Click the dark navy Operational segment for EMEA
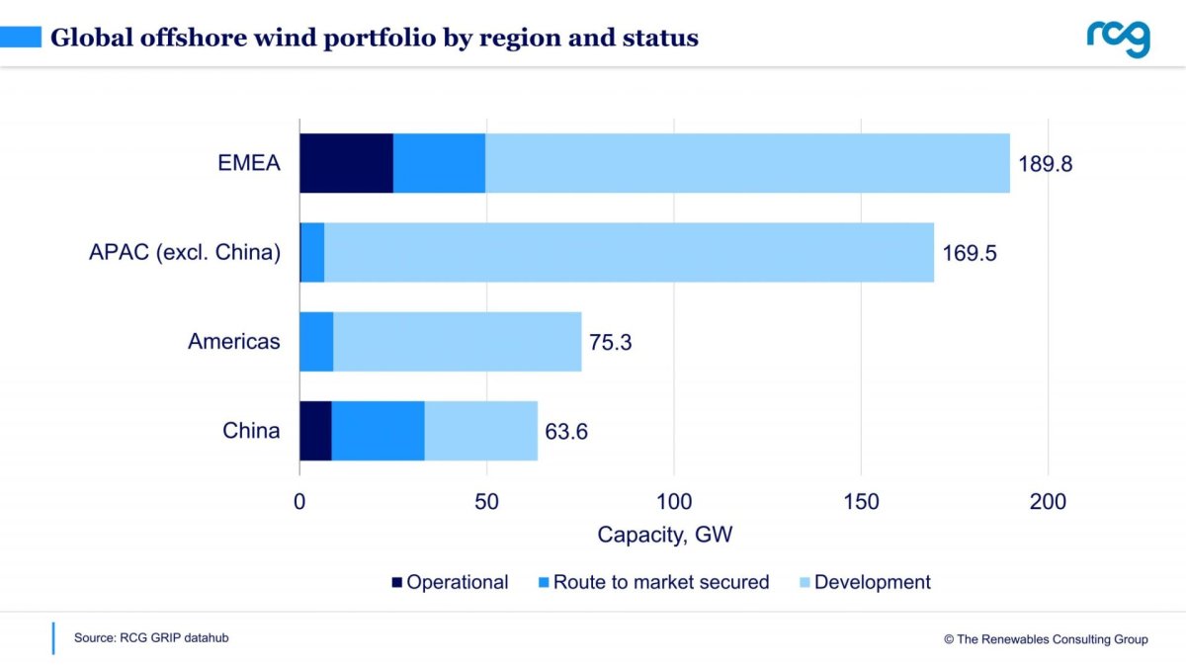tap(346, 163)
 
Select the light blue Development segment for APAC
tap(629, 252)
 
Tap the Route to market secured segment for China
tap(378, 431)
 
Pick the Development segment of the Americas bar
tap(457, 342)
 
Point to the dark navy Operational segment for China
tap(315, 431)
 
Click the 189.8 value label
tap(1046, 164)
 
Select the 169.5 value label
tap(970, 253)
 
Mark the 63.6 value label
tap(566, 432)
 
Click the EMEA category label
tap(249, 163)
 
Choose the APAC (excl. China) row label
tap(185, 252)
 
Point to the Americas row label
tap(234, 342)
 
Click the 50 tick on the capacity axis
tap(486, 502)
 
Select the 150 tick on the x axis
tap(861, 502)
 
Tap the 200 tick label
tap(1048, 502)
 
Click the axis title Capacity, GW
tap(665, 536)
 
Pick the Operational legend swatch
tap(397, 583)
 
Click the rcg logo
tap(1119, 39)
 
